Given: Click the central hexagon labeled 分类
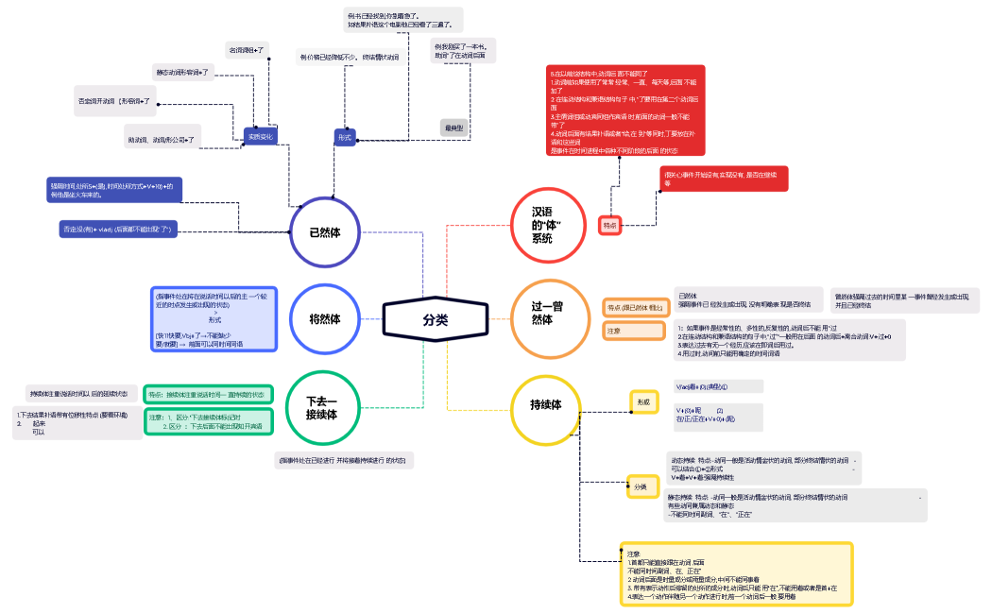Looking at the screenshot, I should (435, 319).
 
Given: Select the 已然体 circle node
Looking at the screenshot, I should (325, 232).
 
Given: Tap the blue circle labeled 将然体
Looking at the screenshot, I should (325, 319).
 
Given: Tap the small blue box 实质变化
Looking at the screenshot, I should (260, 137).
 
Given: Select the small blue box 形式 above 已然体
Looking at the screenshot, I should (345, 137).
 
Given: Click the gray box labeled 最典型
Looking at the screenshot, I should (454, 128).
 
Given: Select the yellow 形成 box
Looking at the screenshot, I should (643, 402).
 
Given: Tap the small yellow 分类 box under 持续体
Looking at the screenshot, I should (641, 487).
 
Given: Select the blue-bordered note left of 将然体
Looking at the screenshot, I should (214, 319).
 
